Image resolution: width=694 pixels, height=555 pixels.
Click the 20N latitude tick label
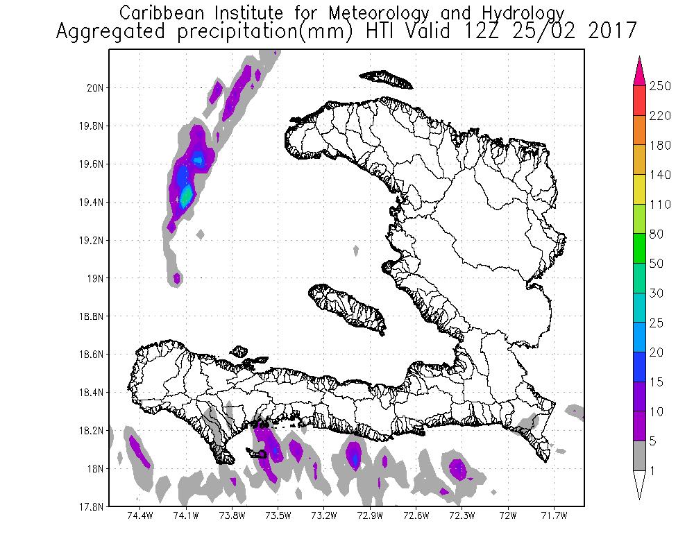click(x=94, y=88)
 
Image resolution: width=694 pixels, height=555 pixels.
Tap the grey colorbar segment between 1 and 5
click(x=640, y=456)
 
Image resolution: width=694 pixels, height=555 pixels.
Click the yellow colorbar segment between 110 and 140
click(x=640, y=190)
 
